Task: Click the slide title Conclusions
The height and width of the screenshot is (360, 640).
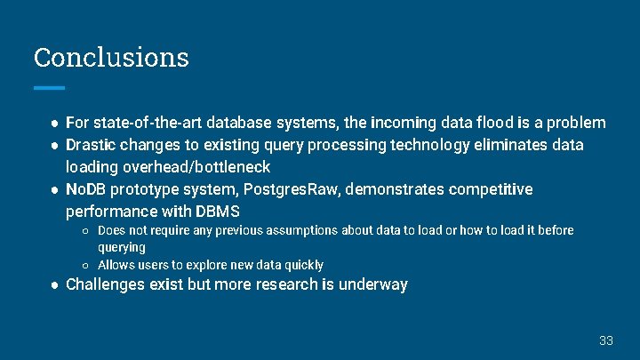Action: point(111,57)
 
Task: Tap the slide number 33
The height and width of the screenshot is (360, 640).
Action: point(606,340)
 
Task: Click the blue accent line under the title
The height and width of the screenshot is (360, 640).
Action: point(49,87)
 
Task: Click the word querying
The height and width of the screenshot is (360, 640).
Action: point(122,247)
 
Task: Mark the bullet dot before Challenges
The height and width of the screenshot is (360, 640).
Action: point(55,284)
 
